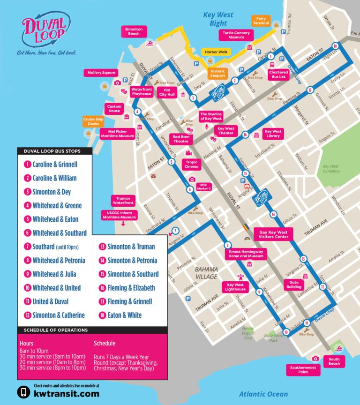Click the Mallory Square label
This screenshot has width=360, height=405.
tap(101, 73)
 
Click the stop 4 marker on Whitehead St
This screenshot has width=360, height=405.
tap(137, 112)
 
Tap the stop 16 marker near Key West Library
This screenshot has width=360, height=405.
tap(245, 135)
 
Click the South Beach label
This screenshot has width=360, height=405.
tap(334, 361)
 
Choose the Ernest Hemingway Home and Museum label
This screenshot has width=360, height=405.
tap(247, 254)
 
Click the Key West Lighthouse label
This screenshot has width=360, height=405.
tap(235, 287)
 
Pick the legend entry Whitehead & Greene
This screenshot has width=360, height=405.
tap(57, 205)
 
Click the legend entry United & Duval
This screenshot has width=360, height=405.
tap(50, 301)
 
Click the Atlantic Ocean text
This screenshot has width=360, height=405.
tap(263, 394)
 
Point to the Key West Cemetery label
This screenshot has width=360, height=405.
tap(330, 169)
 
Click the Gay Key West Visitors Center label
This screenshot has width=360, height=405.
tap(274, 234)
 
